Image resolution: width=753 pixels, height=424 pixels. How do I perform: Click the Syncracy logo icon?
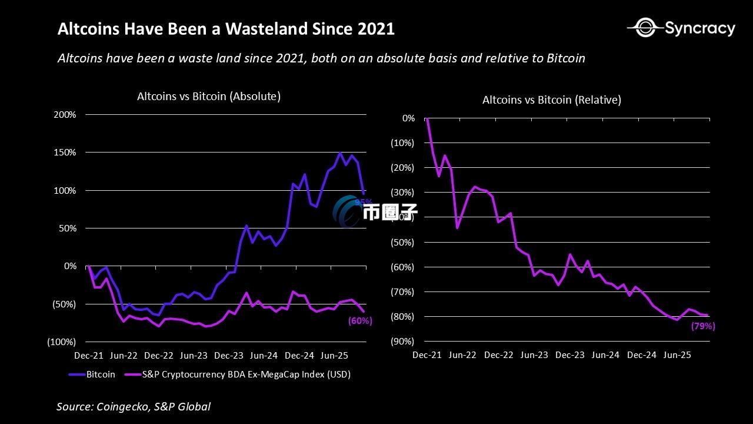[645, 27]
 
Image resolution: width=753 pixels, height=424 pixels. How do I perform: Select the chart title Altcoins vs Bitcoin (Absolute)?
[209, 97]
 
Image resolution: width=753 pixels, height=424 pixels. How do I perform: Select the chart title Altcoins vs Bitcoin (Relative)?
[552, 100]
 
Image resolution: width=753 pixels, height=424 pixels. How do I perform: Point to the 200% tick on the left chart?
[65, 114]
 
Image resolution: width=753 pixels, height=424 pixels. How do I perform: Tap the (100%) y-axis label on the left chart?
[62, 342]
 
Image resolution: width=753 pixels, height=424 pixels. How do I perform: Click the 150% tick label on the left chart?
[65, 153]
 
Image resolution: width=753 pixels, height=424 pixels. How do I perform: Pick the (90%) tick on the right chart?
[403, 341]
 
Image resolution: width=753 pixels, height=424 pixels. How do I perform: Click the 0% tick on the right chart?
[408, 118]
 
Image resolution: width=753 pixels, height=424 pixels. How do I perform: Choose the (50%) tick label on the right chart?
[403, 242]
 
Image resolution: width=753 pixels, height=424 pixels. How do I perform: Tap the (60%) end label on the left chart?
[360, 321]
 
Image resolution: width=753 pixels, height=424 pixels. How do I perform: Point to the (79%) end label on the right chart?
[703, 326]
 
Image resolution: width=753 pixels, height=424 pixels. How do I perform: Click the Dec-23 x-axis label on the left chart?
[229, 356]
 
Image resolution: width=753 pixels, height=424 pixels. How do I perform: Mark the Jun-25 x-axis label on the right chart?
[677, 355]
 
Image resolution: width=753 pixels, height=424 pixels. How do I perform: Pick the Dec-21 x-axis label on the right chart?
[427, 355]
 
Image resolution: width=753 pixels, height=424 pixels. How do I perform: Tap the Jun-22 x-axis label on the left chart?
[124, 356]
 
